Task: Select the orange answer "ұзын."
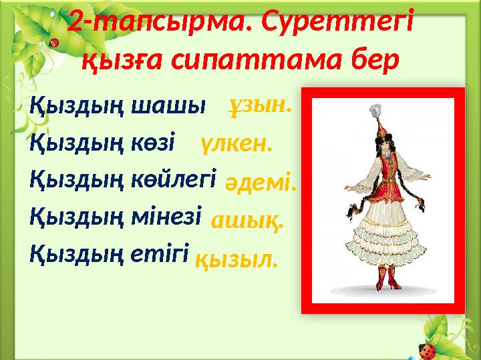[x=261, y=105]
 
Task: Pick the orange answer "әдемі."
[x=261, y=181]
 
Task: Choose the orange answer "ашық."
[x=247, y=221]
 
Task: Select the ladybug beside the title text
[x=54, y=42]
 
